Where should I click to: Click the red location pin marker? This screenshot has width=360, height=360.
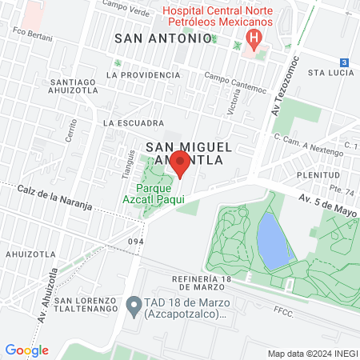180,165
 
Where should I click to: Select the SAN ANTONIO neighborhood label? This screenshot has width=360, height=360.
164,38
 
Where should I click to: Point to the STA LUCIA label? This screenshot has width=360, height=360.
330,71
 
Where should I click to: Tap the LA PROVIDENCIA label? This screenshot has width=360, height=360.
148,74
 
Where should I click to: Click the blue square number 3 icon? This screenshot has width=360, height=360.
344,62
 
